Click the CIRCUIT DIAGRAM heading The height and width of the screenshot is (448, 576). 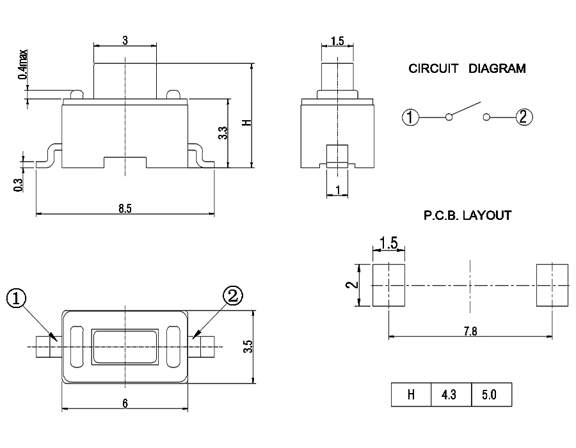click(467, 68)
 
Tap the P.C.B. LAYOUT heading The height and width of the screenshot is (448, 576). click(467, 215)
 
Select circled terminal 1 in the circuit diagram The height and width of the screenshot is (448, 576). click(411, 117)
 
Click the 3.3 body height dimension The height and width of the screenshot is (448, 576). click(222, 133)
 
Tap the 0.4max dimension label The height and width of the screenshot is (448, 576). click(23, 64)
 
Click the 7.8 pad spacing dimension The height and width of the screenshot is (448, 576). click(470, 330)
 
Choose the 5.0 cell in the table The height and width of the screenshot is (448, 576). click(490, 396)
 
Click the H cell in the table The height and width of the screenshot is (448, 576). click(411, 396)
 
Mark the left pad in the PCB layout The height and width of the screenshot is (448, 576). click(388, 285)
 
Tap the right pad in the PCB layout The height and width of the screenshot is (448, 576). click(552, 285)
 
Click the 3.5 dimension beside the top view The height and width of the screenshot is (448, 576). click(248, 347)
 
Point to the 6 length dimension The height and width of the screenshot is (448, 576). click(125, 403)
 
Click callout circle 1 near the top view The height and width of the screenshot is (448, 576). click(17, 298)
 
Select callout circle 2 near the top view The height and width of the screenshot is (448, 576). click(232, 296)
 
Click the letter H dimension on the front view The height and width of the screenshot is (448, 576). click(246, 121)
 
